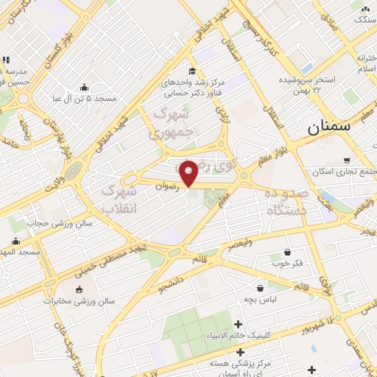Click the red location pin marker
tap(189, 173)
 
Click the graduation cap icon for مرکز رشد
tap(192, 71)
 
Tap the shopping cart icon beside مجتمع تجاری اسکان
tap(347, 160)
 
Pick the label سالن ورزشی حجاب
tap(48, 222)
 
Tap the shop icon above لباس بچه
tap(260, 288)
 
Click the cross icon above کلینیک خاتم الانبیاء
tap(237, 324)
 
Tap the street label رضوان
tap(167, 186)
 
